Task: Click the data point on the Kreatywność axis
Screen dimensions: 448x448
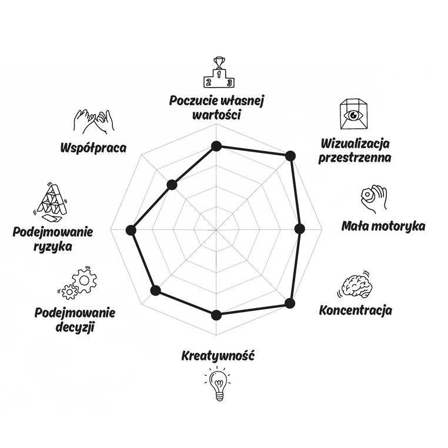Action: (x=216, y=315)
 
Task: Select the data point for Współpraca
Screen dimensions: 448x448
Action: (x=172, y=185)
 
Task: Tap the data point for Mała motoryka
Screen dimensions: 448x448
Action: (x=300, y=229)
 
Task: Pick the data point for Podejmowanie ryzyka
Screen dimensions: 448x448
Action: (x=131, y=230)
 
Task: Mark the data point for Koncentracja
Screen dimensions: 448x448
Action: (x=289, y=303)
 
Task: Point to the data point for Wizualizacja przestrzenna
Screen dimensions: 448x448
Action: (x=289, y=156)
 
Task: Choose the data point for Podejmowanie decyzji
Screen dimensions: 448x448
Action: (x=155, y=290)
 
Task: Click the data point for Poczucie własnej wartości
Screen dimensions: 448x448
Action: (x=216, y=146)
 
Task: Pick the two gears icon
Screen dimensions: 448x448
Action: (x=79, y=282)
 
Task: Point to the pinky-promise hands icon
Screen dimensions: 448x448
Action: (x=93, y=121)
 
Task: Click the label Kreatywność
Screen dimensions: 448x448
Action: (x=218, y=356)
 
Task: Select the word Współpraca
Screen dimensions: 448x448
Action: (x=93, y=147)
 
